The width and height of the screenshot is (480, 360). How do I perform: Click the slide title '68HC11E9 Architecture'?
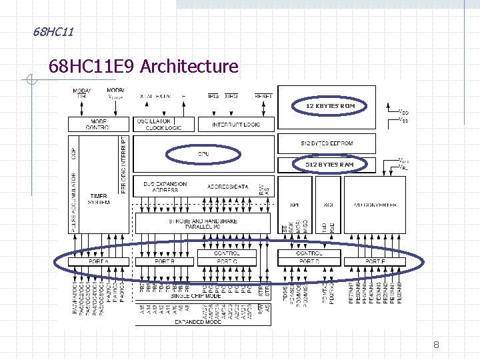click(x=143, y=67)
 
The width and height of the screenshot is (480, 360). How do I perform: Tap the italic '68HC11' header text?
click(x=53, y=31)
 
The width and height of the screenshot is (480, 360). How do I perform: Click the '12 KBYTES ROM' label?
click(x=331, y=106)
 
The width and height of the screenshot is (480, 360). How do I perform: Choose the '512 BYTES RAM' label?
click(x=331, y=164)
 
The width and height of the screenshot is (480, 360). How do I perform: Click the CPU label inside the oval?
click(x=203, y=154)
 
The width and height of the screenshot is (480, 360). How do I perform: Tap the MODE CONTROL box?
click(x=98, y=124)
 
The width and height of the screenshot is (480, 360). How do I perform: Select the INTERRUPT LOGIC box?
click(x=236, y=125)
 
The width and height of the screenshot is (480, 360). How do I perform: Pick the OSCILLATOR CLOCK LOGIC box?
click(x=164, y=124)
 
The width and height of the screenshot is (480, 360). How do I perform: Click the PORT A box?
click(x=98, y=261)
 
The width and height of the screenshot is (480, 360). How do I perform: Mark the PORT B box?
click(x=164, y=261)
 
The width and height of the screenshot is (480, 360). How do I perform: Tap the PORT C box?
click(x=227, y=261)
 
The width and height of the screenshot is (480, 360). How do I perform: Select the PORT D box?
click(x=309, y=261)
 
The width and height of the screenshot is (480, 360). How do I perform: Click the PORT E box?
click(x=375, y=261)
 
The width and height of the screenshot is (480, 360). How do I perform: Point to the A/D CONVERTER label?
click(x=375, y=205)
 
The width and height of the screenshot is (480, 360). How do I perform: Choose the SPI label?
click(x=295, y=205)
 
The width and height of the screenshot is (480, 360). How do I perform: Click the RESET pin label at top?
click(x=263, y=96)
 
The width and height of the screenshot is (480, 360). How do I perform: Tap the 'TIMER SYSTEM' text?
click(x=98, y=199)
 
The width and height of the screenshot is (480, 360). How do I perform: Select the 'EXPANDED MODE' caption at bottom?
click(x=199, y=322)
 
